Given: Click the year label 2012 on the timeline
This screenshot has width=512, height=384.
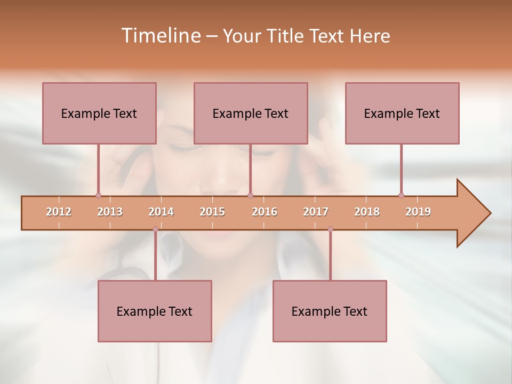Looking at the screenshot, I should tap(59, 212).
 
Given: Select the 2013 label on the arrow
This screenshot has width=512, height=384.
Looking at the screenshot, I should tap(110, 212).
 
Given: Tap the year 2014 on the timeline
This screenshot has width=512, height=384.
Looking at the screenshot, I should tap(161, 212).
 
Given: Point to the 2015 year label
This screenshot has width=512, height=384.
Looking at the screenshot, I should tap(212, 212).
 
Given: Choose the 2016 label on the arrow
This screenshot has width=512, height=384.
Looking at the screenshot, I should tap(265, 212).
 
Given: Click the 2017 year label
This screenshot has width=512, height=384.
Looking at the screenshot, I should tap(316, 212).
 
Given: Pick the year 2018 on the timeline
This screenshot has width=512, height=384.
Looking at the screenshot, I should tap(367, 212).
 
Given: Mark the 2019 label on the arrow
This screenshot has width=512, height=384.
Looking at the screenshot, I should tap(418, 212).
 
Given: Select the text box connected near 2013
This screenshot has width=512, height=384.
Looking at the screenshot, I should tap(99, 113).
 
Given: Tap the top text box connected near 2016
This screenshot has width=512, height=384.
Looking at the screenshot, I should tap(251, 113).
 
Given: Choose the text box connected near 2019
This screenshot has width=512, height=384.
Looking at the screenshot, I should tap(402, 113).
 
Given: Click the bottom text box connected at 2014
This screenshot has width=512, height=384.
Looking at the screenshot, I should tap(155, 311).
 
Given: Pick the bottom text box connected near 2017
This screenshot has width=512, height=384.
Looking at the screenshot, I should tap(330, 311).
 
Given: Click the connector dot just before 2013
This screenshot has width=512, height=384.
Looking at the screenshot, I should tap(98, 195).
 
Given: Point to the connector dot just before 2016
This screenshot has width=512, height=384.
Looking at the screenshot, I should tap(250, 195).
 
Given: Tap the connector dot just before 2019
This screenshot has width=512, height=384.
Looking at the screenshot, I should tap(401, 195).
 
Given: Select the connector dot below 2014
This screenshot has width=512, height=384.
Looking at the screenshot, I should tap(155, 229).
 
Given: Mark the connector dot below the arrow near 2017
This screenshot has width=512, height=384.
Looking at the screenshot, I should tap(330, 229).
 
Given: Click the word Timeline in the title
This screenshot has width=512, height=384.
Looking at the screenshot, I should tap(160, 36).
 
